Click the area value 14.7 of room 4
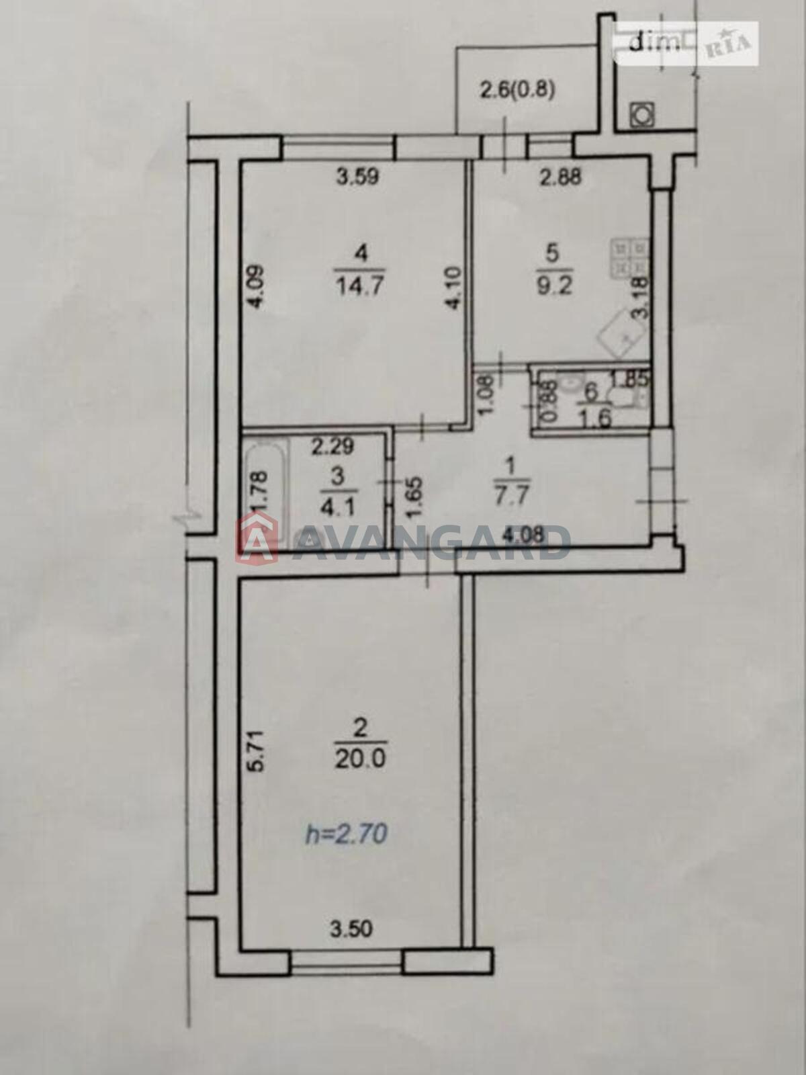tap(361, 286)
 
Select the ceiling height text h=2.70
tap(347, 835)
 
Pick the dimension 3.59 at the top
tap(358, 177)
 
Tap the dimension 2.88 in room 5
tap(561, 177)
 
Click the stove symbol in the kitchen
tap(631, 258)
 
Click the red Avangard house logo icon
tap(256, 537)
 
